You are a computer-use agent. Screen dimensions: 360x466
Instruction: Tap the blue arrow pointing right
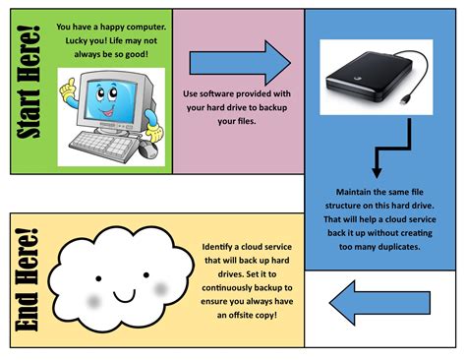[239, 64]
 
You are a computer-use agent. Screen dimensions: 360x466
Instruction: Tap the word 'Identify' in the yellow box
[218, 246]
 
